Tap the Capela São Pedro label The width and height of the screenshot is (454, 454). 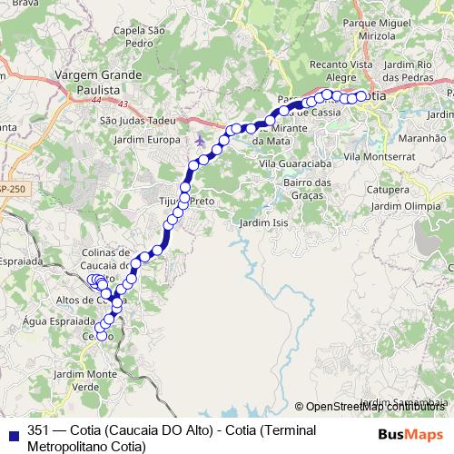tap(137, 36)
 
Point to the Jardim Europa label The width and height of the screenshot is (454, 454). tap(148, 140)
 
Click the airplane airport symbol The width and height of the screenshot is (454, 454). tap(200, 141)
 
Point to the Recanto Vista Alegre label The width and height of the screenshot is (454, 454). tap(340, 72)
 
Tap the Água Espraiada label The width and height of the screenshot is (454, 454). tap(58, 321)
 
